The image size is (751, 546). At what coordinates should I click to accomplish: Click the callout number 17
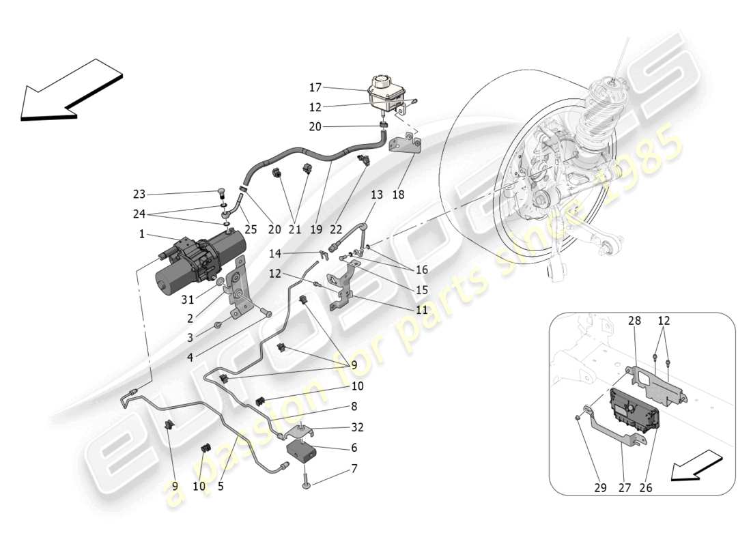(x=315, y=87)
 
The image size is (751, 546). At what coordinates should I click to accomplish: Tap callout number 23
(x=139, y=193)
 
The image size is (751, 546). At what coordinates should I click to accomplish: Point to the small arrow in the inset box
(x=697, y=465)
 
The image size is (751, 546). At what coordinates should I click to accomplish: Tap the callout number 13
(x=377, y=195)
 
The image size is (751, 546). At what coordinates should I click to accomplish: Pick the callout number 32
(x=356, y=428)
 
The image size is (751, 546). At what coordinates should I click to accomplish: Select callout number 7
(x=354, y=470)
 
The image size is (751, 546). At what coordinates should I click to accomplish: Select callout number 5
(x=221, y=487)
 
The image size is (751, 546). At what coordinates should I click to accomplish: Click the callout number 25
(x=251, y=230)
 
